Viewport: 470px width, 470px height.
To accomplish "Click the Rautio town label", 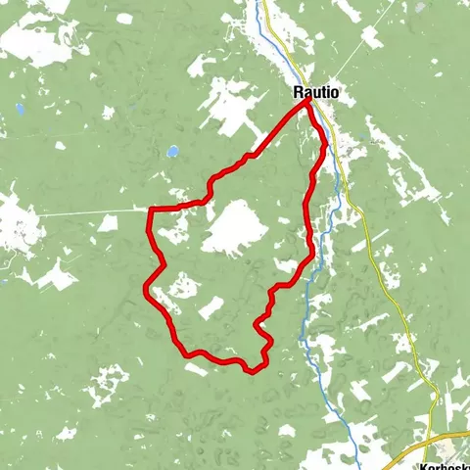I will pos(316,92).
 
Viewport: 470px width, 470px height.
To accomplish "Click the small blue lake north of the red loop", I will pos(172,153).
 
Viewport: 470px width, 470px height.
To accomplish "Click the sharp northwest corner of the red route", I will pos(150,209).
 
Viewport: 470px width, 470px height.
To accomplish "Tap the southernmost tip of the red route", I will pos(253,371).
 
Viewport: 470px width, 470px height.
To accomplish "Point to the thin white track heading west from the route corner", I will pos(88,211).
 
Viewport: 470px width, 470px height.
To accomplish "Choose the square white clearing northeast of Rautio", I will pos(370,37).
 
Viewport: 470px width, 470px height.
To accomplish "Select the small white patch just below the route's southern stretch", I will pos(196,369).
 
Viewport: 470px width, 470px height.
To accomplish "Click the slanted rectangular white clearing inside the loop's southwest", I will pos(211,308).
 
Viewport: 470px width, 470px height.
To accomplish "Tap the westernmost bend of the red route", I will pos(145,288).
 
